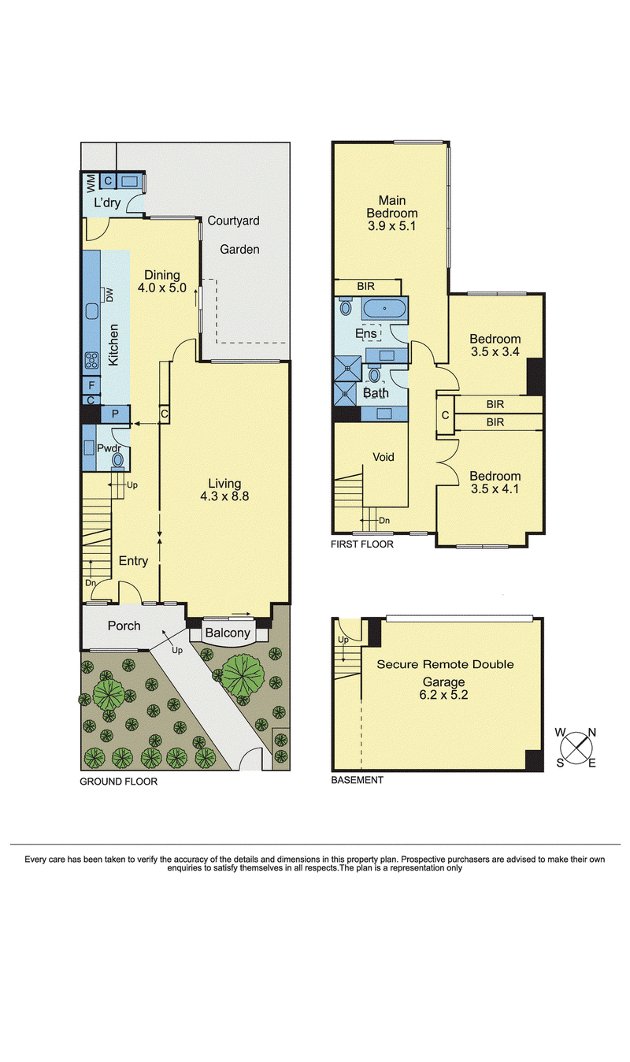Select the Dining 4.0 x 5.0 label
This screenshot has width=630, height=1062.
coord(161,281)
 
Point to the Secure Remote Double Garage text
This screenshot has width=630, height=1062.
coord(444,674)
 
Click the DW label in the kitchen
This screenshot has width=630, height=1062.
coord(109,295)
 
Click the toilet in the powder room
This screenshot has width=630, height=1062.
coord(118,459)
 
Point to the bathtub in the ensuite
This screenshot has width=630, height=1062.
coord(385,309)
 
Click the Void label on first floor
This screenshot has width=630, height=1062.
coord(383,457)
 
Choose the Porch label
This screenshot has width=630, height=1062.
coord(124,626)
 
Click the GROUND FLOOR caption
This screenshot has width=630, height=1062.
coord(118,782)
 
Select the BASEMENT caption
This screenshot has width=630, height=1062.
coord(358,780)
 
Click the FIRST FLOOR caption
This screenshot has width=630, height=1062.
coord(362,544)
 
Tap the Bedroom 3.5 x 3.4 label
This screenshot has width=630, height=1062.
coord(495,345)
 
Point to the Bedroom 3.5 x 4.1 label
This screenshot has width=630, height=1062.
coord(495,482)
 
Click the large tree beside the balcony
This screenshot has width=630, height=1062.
coord(243,671)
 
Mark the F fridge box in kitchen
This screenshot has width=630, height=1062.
coord(91,386)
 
